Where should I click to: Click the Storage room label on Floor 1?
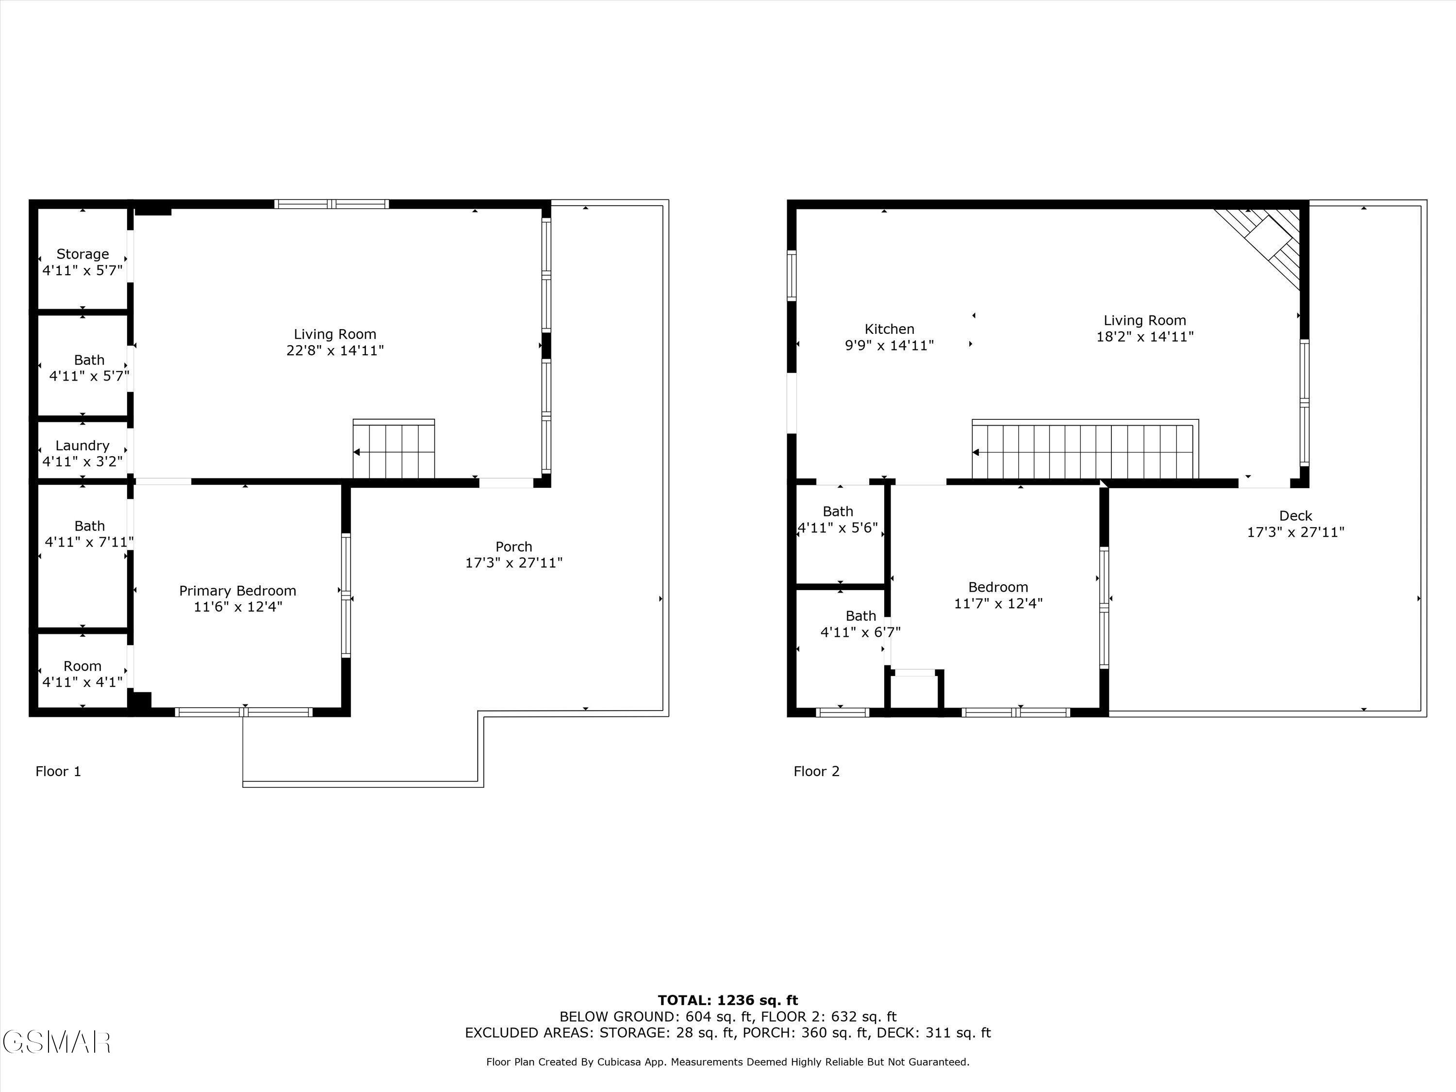coord(83,255)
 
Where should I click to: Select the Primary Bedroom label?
coord(238,591)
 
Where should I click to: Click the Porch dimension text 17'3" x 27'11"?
coord(513,563)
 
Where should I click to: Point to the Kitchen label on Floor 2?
coord(889,329)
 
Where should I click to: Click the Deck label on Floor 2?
coord(1295,516)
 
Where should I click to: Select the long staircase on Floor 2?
coord(1084,451)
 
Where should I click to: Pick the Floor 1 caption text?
coord(58,772)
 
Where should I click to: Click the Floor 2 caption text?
coord(816,772)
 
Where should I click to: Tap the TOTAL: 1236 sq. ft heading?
coord(728,1000)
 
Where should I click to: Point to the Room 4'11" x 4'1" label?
coord(83,674)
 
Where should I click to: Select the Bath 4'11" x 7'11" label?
coord(89,534)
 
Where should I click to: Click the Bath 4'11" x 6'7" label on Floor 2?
coord(860,624)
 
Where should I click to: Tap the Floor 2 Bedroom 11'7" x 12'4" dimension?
coord(998,604)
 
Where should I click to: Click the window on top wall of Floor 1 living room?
coord(332,204)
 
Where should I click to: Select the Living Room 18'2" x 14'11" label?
coord(1144,329)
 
